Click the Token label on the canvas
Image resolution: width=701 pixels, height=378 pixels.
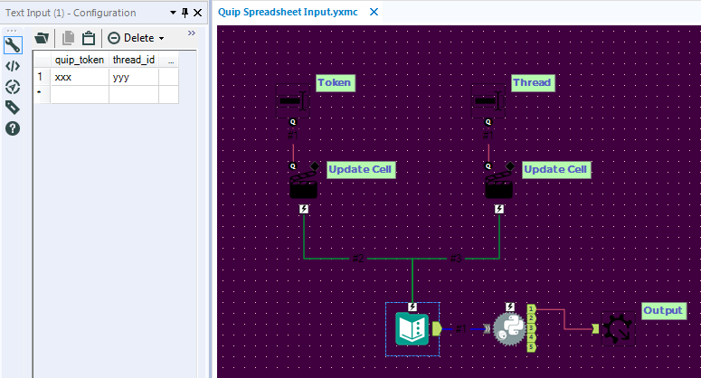(x=334, y=82)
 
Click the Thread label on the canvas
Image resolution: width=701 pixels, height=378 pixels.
(x=531, y=82)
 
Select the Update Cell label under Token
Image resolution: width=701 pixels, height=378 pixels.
(x=360, y=169)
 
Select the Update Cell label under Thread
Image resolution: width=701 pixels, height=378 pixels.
(x=555, y=169)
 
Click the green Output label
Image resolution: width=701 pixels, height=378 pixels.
(x=663, y=311)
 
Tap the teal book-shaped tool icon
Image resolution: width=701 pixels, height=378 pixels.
(x=412, y=328)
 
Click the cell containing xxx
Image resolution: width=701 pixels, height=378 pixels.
(x=80, y=78)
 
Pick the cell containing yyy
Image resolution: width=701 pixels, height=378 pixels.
(x=133, y=78)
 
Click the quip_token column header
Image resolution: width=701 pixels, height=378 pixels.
(x=80, y=60)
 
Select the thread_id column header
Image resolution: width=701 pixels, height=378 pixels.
(x=133, y=60)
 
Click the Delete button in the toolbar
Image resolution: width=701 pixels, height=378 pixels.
(x=136, y=38)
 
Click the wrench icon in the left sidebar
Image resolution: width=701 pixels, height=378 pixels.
(x=13, y=45)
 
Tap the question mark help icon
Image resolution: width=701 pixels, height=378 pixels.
(x=13, y=128)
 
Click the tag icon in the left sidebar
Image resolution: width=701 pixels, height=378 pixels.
(x=13, y=108)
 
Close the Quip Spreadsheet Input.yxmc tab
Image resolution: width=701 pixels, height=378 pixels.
(x=374, y=13)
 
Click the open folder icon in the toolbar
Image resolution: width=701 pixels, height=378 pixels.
(x=42, y=38)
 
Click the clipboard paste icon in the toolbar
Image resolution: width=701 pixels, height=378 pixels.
(x=88, y=38)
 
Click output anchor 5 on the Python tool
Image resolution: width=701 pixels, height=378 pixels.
(x=531, y=347)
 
